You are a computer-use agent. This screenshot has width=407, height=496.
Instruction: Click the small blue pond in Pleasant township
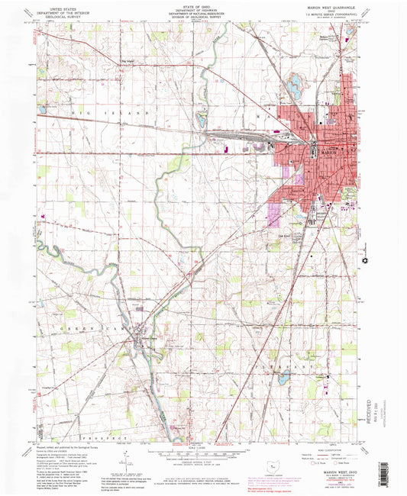tap(283, 377)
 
